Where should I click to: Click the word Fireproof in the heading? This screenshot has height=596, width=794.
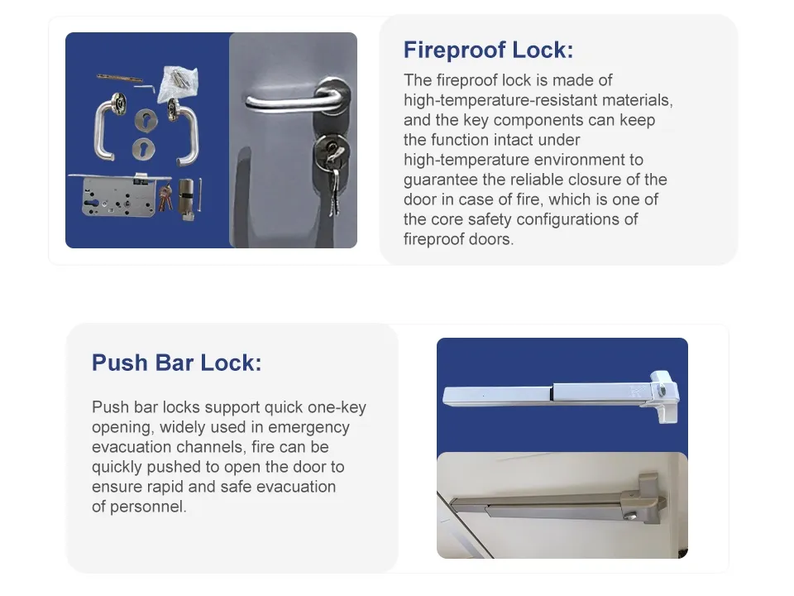pos(455,50)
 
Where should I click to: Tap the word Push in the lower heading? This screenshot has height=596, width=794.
pos(119,363)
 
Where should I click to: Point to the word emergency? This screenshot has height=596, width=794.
pos(309,427)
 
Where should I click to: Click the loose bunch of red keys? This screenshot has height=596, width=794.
pos(165,198)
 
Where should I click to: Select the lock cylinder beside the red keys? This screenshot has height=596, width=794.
pos(186,199)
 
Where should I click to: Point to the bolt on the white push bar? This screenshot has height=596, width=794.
pos(662,391)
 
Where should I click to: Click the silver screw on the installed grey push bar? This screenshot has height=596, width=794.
pos(630,516)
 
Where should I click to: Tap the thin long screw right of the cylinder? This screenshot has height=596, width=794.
pos(200,195)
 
